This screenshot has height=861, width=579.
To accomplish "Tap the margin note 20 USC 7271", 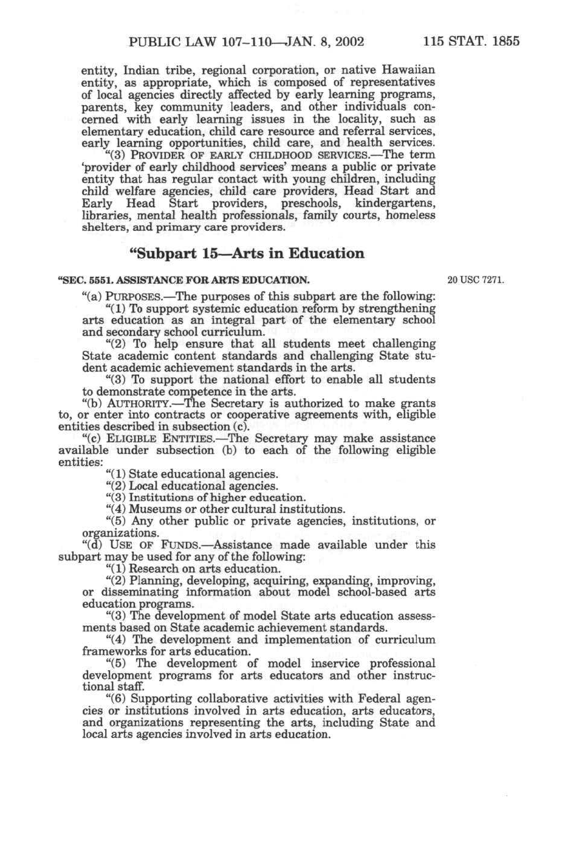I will click(476, 280).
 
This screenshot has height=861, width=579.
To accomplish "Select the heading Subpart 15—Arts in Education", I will click(247, 253).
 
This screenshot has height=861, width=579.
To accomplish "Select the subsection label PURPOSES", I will click(134, 297).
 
